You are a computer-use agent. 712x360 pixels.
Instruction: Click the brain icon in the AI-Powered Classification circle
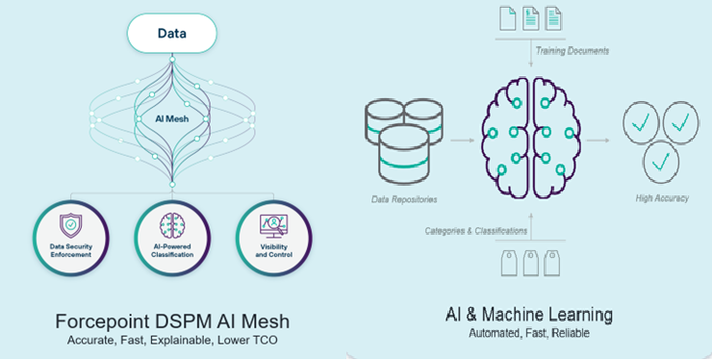coord(172,223)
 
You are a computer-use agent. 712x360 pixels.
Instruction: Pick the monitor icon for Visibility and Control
coord(274,223)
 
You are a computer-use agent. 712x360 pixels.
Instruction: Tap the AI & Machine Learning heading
coord(528,315)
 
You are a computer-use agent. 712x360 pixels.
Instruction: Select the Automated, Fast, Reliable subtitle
coord(528,334)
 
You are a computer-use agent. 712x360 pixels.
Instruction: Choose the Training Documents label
coord(572,49)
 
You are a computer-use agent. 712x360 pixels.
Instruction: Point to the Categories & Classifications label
coord(476,231)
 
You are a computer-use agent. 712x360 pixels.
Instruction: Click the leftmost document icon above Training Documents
coord(508,17)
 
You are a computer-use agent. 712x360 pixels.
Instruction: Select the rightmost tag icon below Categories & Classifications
coord(551,263)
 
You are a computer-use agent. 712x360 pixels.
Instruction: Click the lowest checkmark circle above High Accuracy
coord(659,161)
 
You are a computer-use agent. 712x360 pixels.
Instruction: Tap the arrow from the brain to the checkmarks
coord(598,141)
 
